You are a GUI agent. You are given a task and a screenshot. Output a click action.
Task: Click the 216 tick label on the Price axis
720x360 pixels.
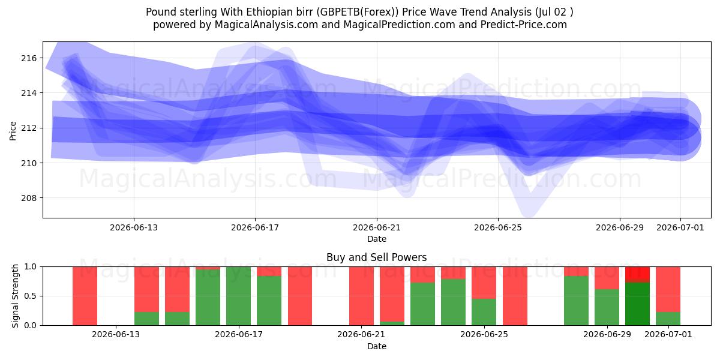[x=29, y=58]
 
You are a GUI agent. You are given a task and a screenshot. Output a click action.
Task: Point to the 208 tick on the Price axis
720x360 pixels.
[x=29, y=198]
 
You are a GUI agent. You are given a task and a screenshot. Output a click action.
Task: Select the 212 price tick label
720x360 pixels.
[x=29, y=128]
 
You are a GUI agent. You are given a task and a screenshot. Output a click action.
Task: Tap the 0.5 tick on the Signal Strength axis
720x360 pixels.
[x=31, y=296]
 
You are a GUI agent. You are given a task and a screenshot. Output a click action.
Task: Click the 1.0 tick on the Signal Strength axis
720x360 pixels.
[x=31, y=267]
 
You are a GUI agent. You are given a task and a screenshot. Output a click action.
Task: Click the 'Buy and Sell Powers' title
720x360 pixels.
[x=376, y=257]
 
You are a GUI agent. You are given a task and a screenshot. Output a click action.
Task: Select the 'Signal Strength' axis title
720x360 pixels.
[x=15, y=296]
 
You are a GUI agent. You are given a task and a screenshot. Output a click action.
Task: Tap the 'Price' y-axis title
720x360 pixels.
[x=13, y=131]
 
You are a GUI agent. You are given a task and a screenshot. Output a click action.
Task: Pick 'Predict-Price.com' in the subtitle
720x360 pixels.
[x=524, y=25]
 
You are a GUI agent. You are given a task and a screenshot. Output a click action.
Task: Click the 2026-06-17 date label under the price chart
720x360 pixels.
[x=255, y=227]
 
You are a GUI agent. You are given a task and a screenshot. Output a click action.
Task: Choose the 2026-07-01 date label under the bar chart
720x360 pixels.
[x=668, y=334]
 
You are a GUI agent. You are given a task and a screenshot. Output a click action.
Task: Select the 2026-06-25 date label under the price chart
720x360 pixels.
[x=498, y=227]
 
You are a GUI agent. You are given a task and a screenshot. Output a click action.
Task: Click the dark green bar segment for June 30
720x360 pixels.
[x=637, y=304]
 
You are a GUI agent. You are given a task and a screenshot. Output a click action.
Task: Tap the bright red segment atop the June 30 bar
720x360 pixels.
[x=637, y=275]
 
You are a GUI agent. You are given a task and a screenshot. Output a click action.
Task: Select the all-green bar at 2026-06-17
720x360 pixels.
[x=239, y=296]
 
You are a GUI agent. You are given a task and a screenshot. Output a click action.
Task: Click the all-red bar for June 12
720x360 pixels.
[x=85, y=296]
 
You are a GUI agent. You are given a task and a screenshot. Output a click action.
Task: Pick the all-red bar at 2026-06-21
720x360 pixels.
[x=362, y=296]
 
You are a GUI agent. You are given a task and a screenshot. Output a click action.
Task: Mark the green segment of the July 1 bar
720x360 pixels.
[x=668, y=319]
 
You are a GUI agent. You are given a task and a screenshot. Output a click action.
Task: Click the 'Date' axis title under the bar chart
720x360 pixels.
[x=377, y=346]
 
